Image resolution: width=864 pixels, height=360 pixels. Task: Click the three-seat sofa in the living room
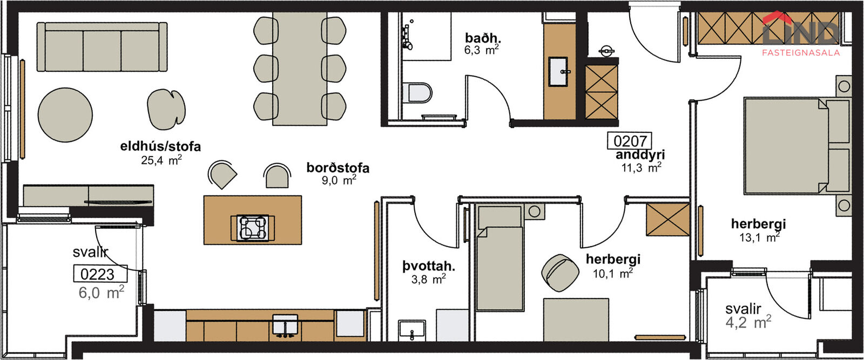[x=102, y=46]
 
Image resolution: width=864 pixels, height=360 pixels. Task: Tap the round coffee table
[x=65, y=115]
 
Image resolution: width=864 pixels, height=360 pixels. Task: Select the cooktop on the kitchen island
[x=253, y=228]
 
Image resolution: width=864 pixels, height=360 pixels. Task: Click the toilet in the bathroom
[x=418, y=92]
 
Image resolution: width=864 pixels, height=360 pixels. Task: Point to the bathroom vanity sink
[x=558, y=72]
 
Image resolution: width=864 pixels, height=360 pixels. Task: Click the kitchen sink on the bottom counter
[x=285, y=324]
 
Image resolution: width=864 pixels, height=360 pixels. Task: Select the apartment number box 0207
[x=630, y=141]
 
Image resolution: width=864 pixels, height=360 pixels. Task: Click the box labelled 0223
[x=100, y=274]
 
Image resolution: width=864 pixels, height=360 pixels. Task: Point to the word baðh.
[x=483, y=38]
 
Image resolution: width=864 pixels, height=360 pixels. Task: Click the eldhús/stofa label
[x=160, y=146]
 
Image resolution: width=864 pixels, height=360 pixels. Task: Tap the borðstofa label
[x=338, y=168]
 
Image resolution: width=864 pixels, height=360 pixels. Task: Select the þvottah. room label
[x=429, y=266]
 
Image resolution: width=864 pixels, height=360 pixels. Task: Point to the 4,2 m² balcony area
[x=748, y=322]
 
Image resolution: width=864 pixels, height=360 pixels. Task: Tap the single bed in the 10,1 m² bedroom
[x=500, y=258]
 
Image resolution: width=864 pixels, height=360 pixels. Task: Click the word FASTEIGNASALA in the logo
[x=801, y=52]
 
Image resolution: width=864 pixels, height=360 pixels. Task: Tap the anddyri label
[x=640, y=154]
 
